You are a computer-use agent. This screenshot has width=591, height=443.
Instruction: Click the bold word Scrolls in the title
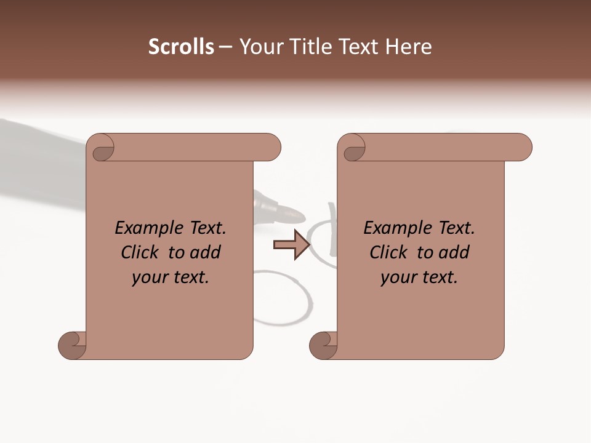pyautogui.click(x=181, y=47)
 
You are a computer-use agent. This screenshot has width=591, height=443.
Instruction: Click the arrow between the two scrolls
pyautogui.click(x=291, y=245)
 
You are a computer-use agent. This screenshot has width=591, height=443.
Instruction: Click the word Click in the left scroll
pyautogui.click(x=139, y=252)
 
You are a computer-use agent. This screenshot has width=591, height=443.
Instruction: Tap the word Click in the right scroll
pyautogui.click(x=388, y=252)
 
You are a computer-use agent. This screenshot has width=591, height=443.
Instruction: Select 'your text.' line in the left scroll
pyautogui.click(x=171, y=277)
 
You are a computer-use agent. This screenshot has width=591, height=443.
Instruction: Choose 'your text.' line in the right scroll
pyautogui.click(x=419, y=277)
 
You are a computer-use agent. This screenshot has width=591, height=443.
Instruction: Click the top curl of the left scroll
pyautogui.click(x=101, y=148)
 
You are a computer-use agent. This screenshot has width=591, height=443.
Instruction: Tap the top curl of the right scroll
pyautogui.click(x=352, y=148)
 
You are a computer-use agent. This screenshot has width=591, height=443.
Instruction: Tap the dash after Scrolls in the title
pyautogui.click(x=226, y=47)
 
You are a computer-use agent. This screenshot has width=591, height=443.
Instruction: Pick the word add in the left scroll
pyautogui.click(x=206, y=252)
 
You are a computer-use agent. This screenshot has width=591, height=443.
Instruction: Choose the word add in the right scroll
pyautogui.click(x=454, y=252)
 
